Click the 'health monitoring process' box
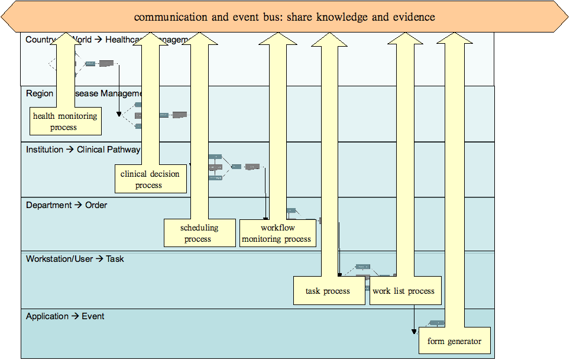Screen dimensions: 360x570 coord(64,121)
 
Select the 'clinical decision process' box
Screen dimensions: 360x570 coord(150,179)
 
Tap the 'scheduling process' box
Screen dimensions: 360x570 coord(199,233)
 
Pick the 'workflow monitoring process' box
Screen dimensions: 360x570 coord(277,233)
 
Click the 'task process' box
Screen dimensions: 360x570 coord(328,291)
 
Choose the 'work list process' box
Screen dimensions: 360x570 coord(404,291)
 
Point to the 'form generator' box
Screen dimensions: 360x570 coord(454,341)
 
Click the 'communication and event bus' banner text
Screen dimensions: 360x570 coord(284,17)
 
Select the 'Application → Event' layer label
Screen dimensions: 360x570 coord(65,316)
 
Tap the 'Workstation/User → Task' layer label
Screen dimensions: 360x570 coord(75,258)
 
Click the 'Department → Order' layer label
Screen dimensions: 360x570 coord(66,205)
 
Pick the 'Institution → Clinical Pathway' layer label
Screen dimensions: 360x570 coord(83,150)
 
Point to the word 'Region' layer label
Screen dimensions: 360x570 coord(40,93)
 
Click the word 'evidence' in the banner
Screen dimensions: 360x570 coord(414,17)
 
